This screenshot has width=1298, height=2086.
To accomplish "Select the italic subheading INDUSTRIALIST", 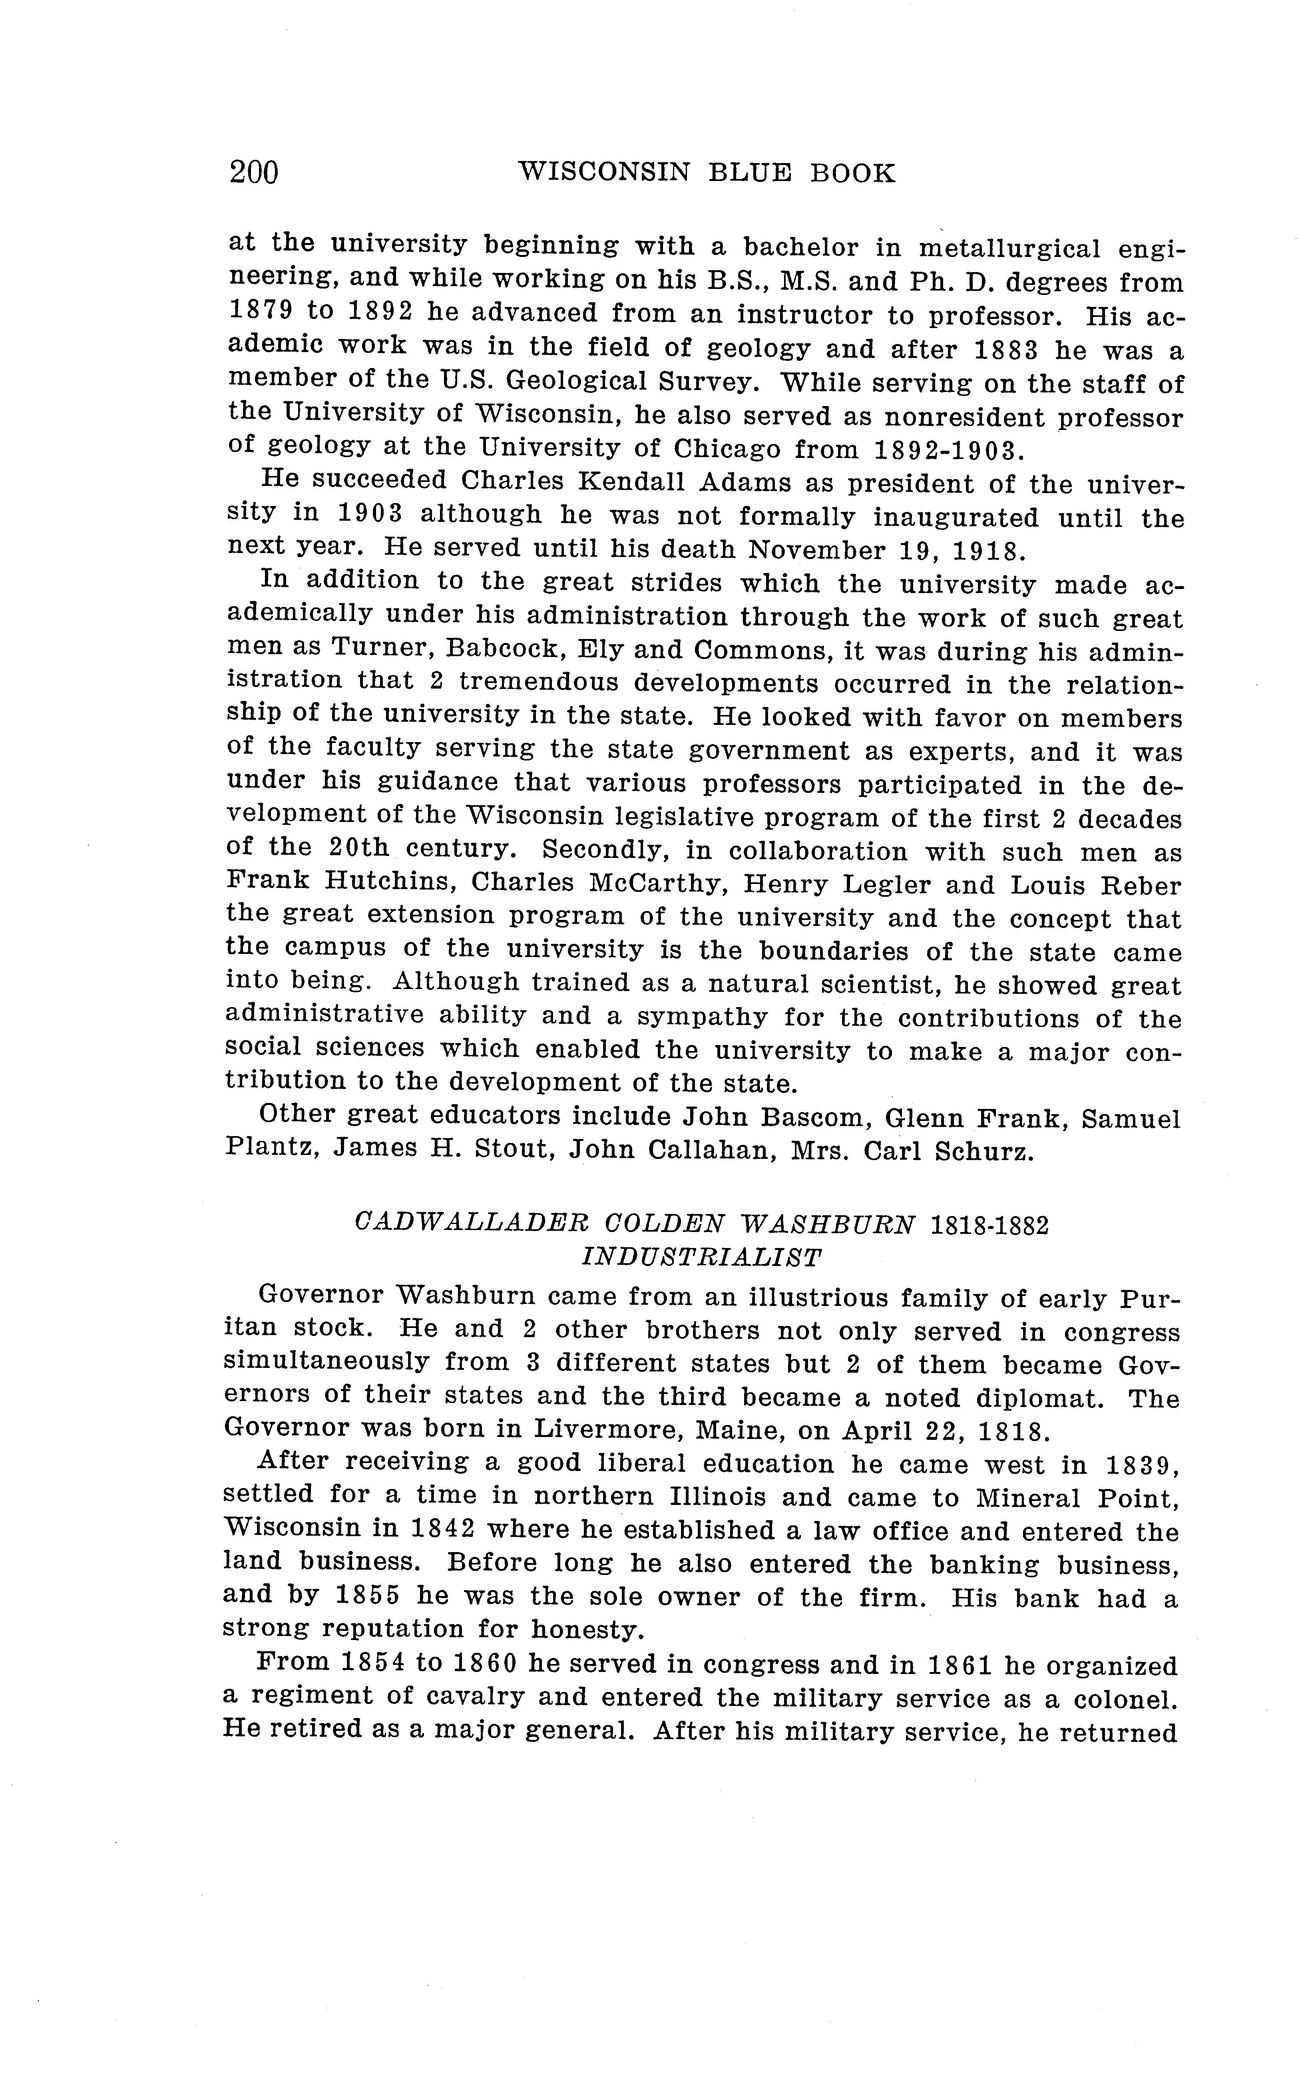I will pyautogui.click(x=701, y=1258).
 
